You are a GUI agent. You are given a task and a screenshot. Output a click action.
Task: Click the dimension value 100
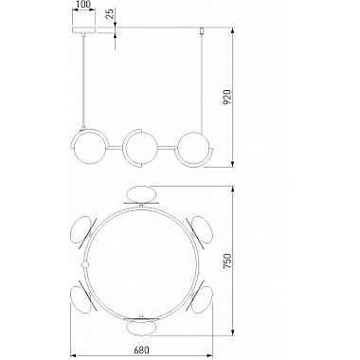click(x=84, y=4)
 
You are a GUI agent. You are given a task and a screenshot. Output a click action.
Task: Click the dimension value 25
click(x=110, y=14)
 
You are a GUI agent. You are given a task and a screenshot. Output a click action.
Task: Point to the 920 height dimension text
click(x=227, y=98)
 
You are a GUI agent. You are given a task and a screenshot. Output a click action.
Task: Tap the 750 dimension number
click(x=227, y=261)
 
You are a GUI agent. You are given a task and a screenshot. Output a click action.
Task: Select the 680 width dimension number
click(x=141, y=351)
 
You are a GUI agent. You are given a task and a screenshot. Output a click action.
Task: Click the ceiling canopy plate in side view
click(x=84, y=30)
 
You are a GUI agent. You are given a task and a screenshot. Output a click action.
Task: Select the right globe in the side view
click(x=193, y=148)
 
